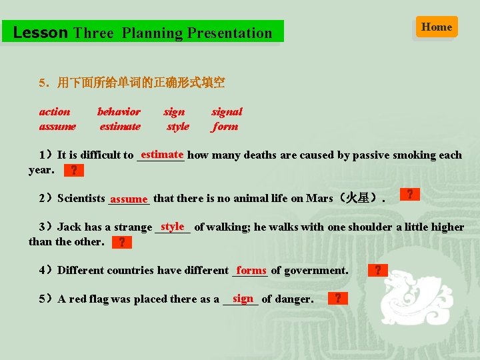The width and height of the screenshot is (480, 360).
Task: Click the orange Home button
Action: pyautogui.click(x=437, y=27)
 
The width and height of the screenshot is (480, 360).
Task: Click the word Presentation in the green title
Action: pyautogui.click(x=229, y=33)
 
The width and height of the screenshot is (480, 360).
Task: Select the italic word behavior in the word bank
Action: pyautogui.click(x=119, y=112)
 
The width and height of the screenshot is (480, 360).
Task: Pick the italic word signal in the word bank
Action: pyautogui.click(x=227, y=112)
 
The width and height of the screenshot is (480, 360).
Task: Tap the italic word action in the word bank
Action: pyautogui.click(x=55, y=112)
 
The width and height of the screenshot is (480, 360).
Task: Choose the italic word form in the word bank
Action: pyautogui.click(x=225, y=127)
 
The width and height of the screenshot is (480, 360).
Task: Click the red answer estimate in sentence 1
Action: pyautogui.click(x=162, y=155)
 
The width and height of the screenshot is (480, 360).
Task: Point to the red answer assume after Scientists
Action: pyautogui.click(x=129, y=199)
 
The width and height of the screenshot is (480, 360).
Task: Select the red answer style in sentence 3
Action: pyautogui.click(x=173, y=227)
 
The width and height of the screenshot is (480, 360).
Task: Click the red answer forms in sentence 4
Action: pyautogui.click(x=251, y=270)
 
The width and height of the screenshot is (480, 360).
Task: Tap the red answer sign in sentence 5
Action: pyautogui.click(x=243, y=298)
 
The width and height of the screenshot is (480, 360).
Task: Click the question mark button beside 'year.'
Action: pyautogui.click(x=73, y=171)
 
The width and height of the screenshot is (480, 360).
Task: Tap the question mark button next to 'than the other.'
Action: pyautogui.click(x=121, y=242)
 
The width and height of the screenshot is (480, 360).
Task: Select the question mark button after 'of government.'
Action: pyautogui.click(x=378, y=270)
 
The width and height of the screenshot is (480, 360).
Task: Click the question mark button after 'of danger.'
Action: pyautogui.click(x=339, y=298)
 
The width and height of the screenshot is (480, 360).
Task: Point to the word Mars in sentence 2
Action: pyautogui.click(x=320, y=198)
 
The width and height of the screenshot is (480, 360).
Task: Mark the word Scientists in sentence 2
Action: pyautogui.click(x=81, y=198)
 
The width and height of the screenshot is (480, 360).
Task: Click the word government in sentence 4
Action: pyautogui.click(x=316, y=271)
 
